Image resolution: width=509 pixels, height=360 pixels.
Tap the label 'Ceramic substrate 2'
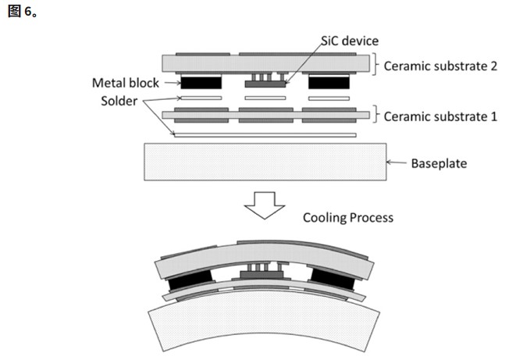pos(441,66)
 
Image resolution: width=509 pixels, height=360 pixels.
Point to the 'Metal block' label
pos(125,83)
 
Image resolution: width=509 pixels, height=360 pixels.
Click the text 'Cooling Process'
pos(348,217)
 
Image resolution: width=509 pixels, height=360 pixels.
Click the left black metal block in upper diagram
pos(201,81)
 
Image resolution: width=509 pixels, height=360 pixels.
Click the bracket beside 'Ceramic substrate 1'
pos(376,116)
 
